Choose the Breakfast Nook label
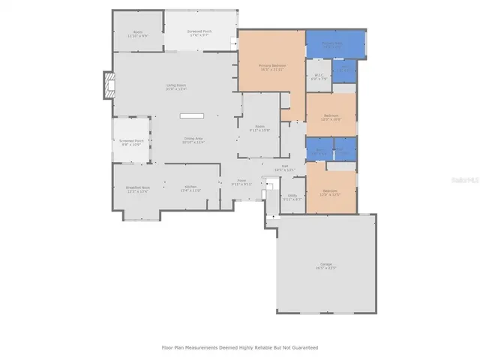click(x=136, y=190)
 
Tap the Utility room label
click(x=292, y=196)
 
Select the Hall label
click(x=285, y=167)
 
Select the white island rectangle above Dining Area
click(x=191, y=116)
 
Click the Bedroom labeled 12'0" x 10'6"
click(x=331, y=117)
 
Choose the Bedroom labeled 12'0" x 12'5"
click(x=331, y=193)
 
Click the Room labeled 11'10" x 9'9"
click(x=138, y=33)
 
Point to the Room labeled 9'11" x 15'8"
click(x=259, y=128)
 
